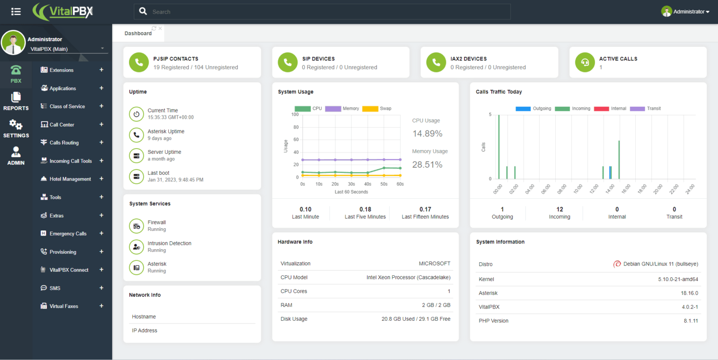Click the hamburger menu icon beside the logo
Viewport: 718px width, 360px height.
tap(16, 12)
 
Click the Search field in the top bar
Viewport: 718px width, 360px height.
tap(322, 12)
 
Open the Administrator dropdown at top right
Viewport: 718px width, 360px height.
tap(685, 12)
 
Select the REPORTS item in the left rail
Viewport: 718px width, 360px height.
tap(16, 101)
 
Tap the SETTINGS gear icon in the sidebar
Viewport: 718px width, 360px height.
tap(16, 125)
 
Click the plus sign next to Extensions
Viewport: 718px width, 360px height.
tap(101, 70)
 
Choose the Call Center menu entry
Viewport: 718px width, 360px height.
tap(62, 125)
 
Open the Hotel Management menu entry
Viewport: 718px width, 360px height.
tap(70, 179)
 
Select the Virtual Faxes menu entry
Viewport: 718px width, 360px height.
tap(64, 306)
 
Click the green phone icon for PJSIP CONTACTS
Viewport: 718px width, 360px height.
tap(139, 62)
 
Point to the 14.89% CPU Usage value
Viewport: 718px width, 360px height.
tap(427, 134)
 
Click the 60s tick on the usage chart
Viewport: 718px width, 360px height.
tap(400, 184)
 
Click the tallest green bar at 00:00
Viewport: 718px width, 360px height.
tap(499, 146)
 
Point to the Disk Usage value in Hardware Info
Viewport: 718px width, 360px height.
tap(416, 319)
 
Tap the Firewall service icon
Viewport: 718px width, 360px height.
tap(136, 226)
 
